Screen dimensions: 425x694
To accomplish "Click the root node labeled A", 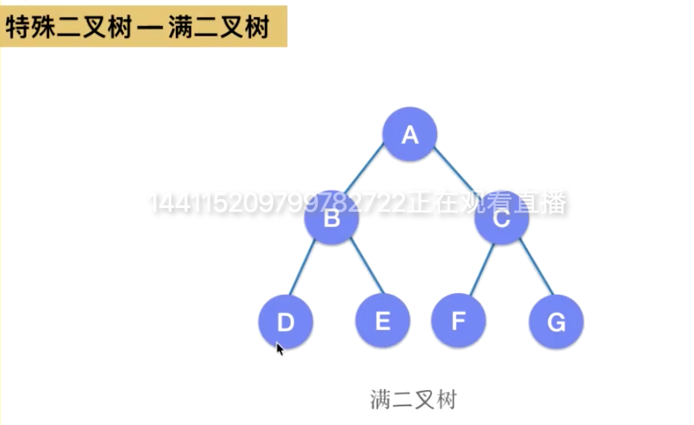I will [410, 134].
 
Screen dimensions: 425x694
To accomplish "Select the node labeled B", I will [332, 218].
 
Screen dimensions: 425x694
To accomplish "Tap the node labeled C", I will [502, 218].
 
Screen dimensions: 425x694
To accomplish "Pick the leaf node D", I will [286, 321].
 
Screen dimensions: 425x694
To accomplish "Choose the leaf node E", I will [383, 321].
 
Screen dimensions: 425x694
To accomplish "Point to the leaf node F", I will [459, 321].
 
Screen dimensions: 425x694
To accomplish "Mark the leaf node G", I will [556, 321].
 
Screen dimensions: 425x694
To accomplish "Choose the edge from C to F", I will [481, 270].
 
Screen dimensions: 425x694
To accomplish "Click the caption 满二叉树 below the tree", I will [413, 400].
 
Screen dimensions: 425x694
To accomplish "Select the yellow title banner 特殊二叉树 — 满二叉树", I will [143, 27].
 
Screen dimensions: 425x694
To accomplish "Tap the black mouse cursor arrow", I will [280, 349].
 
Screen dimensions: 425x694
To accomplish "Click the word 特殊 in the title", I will [35, 27].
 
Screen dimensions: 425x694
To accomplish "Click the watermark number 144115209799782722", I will [279, 203].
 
